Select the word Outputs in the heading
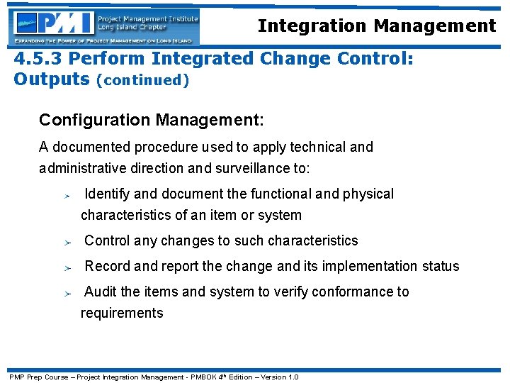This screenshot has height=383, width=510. (x=51, y=79)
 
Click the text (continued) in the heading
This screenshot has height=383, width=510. (x=142, y=80)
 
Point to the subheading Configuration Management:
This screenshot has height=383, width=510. (x=151, y=121)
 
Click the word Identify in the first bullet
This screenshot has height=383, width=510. (x=107, y=194)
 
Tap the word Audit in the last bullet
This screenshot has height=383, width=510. (x=101, y=292)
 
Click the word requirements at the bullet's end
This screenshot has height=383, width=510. (x=122, y=313)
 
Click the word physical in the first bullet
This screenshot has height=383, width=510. (x=368, y=194)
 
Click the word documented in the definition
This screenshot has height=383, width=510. (x=90, y=148)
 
